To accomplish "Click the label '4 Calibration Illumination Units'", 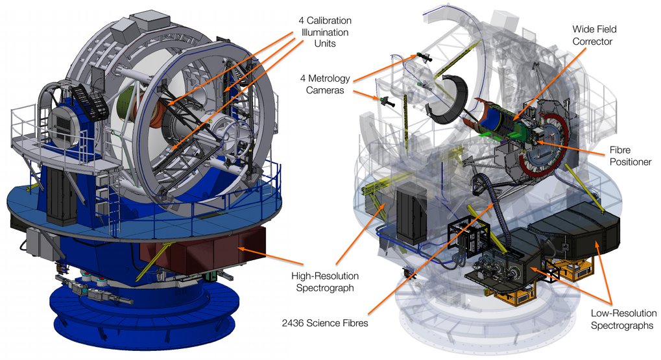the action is pos(324,32).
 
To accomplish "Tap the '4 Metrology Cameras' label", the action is pos(325,84).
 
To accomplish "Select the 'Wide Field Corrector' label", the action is pos(594,35).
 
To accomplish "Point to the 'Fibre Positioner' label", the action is pos(631,156).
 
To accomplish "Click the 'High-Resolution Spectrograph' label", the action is pos(325,282).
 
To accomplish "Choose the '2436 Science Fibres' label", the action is pos(325,323).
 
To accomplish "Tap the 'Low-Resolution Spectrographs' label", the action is pos(623,319).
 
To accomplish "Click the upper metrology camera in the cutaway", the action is pos(424,57).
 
